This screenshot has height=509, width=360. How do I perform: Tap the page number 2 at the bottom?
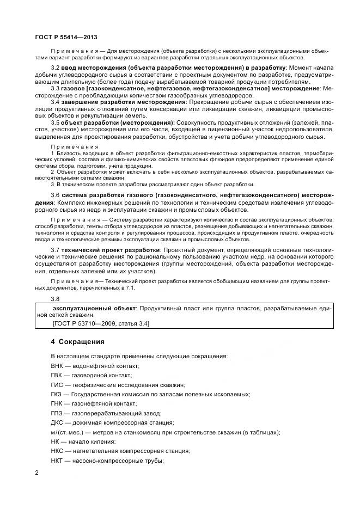coord(37,473)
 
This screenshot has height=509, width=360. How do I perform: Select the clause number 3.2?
coord(55,67)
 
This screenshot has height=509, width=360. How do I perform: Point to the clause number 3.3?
coord(55,88)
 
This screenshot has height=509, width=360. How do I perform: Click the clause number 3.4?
coord(55,102)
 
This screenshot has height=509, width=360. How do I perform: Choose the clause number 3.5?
coord(55,123)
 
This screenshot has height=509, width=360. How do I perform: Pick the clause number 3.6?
coord(55,195)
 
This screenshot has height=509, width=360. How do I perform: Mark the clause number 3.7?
coord(55,249)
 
